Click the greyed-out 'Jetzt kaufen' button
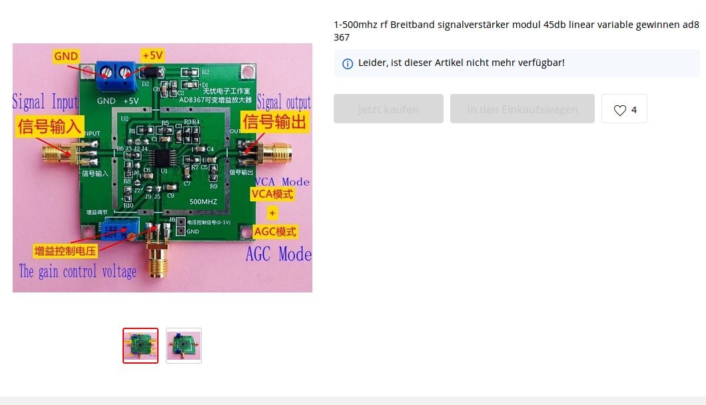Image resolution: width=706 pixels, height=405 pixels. (x=388, y=109)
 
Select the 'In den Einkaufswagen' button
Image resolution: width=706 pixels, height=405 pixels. (x=522, y=109)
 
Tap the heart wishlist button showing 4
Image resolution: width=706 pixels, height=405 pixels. (x=624, y=109)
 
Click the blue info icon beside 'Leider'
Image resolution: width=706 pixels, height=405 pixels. (x=347, y=64)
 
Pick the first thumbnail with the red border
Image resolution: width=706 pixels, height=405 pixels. (x=141, y=346)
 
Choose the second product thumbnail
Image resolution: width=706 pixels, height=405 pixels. (x=184, y=346)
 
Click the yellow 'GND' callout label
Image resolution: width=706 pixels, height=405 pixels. (x=67, y=55)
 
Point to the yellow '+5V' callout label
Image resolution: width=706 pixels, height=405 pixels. (x=153, y=55)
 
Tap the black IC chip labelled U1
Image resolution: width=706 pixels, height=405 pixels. (x=162, y=159)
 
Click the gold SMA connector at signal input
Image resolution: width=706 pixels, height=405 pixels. (x=52, y=155)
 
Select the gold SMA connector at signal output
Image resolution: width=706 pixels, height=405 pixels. (x=278, y=153)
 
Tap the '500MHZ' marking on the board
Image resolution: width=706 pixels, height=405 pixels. (x=202, y=201)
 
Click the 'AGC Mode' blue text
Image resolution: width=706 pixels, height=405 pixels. (x=278, y=254)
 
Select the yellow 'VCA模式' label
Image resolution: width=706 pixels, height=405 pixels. (x=272, y=195)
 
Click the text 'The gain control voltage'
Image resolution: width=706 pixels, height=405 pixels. (x=78, y=272)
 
